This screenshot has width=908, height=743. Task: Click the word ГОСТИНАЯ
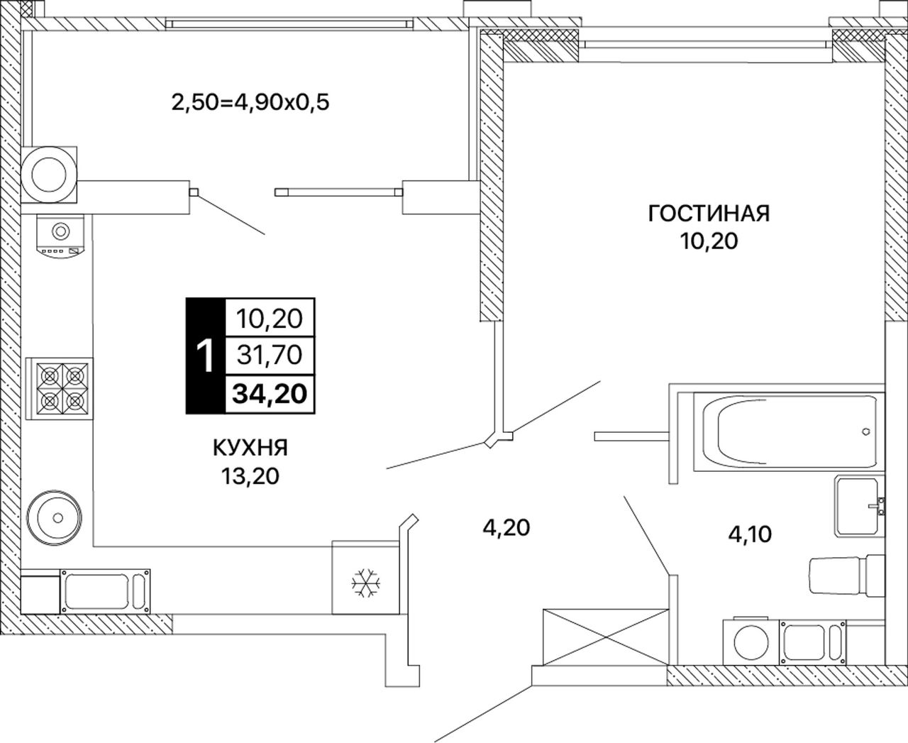[x=709, y=214]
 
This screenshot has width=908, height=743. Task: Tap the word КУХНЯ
[x=250, y=448]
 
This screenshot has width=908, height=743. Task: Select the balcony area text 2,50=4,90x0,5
[x=250, y=103]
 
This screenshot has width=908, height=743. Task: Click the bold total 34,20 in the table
[x=270, y=394]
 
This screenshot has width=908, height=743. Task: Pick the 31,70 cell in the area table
[x=270, y=356]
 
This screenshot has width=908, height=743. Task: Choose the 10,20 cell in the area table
[x=270, y=319]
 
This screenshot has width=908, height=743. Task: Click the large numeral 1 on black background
[x=206, y=356]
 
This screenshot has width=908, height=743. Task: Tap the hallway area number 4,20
[x=506, y=528]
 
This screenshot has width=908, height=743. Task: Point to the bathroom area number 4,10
[x=750, y=534]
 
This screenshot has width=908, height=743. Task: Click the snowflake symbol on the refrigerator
[x=366, y=583]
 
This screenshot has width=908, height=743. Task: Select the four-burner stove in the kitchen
[x=60, y=389]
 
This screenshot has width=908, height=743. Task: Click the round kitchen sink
[x=54, y=517]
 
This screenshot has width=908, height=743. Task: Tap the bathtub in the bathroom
[x=789, y=432]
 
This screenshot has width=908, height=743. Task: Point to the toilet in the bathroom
[x=847, y=576]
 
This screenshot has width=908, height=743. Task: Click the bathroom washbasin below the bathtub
[x=859, y=507]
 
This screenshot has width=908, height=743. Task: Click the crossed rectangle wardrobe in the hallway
[x=606, y=637]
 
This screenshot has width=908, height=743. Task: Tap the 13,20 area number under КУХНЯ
[x=250, y=477]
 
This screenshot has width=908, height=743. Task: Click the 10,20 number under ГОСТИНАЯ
[x=709, y=242]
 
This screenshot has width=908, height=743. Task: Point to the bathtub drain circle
[x=866, y=431]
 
